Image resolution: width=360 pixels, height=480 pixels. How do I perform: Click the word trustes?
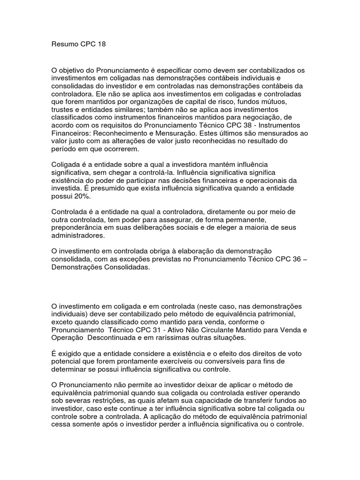[x=62, y=110]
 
